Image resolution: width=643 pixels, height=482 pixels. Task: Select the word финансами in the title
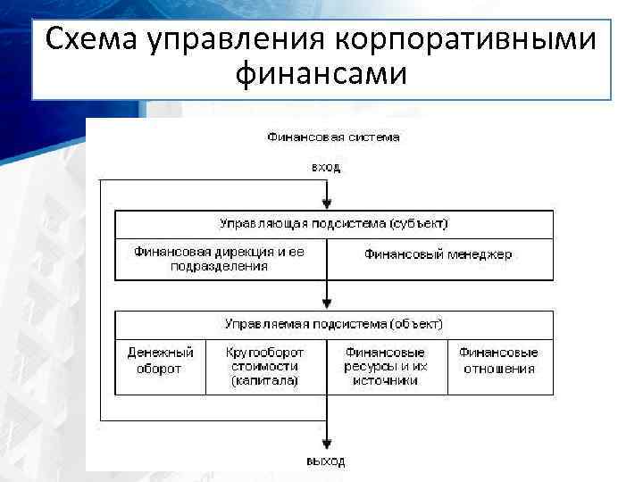click(321, 74)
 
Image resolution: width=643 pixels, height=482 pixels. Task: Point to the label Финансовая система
click(333, 137)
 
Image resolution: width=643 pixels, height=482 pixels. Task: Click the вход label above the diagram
click(325, 167)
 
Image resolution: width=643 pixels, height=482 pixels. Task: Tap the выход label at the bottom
click(325, 461)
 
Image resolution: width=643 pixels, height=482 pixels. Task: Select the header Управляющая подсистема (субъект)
click(334, 223)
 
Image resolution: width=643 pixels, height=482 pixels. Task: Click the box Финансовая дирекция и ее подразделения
click(220, 259)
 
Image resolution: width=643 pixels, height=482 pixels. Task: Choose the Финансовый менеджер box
click(438, 254)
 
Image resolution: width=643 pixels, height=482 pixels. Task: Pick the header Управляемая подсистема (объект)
click(334, 323)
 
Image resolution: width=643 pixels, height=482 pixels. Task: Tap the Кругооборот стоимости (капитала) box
click(264, 366)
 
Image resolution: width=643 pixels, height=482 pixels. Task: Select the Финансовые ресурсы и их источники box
click(385, 366)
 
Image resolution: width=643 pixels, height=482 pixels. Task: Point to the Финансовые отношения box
click(498, 360)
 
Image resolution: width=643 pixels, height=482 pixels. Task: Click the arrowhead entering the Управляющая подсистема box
click(328, 204)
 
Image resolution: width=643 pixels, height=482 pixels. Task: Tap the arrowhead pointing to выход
click(328, 445)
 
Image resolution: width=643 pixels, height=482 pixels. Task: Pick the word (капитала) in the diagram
click(264, 381)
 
